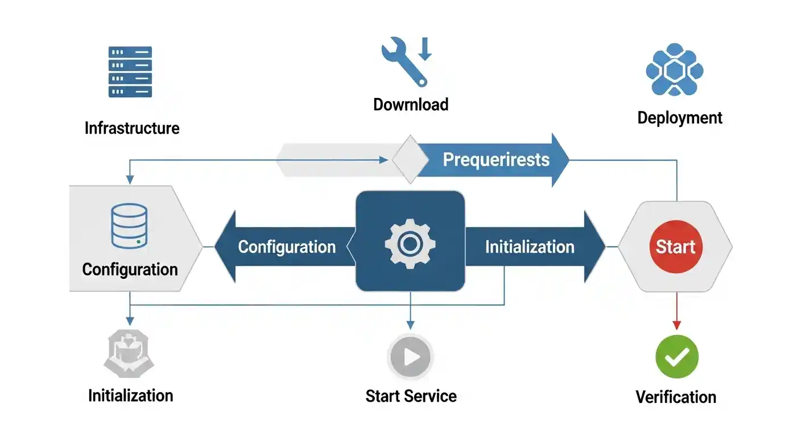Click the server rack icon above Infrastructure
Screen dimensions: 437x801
(130, 72)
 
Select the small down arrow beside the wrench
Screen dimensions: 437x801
(425, 49)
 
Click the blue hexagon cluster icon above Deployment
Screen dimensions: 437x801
(675, 69)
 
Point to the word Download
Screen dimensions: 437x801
(411, 105)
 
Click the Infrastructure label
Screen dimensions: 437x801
(132, 128)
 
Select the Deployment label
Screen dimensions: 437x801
(680, 118)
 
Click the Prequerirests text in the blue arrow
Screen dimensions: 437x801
(496, 159)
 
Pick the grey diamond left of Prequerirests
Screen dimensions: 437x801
(410, 160)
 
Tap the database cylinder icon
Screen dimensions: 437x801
(130, 226)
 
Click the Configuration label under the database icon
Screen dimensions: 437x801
(130, 269)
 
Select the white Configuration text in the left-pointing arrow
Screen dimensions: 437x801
(287, 247)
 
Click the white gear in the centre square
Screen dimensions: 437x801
(410, 244)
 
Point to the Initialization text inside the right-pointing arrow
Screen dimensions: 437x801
(530, 247)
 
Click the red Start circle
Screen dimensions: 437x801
(676, 247)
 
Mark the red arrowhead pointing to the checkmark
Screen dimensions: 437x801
(676, 325)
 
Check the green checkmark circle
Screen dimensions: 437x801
(676, 357)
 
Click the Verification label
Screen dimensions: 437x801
(676, 397)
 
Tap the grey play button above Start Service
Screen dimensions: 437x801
(410, 357)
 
